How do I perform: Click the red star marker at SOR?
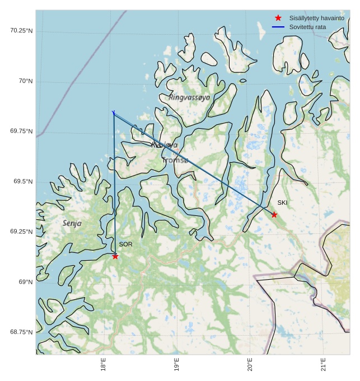pos(115,256)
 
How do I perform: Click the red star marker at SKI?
pos(274,215)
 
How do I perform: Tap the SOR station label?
pos(125,244)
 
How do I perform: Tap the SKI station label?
pos(282,203)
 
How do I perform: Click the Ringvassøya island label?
pos(189,97)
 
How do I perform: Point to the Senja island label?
pos(72,223)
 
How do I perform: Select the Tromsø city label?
pos(175,160)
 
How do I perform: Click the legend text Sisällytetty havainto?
pos(316,18)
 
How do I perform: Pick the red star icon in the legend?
pos(278,18)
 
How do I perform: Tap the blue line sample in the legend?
pos(278,27)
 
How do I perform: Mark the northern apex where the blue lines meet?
pos(114,114)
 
